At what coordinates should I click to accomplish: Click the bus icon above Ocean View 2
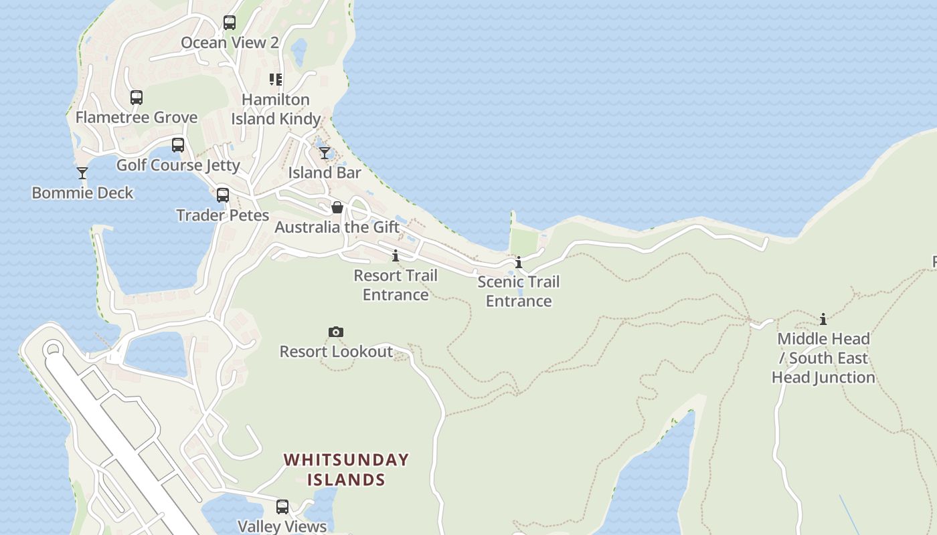coord(230,23)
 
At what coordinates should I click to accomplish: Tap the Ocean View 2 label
coord(230,43)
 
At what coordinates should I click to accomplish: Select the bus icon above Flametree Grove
coord(137,98)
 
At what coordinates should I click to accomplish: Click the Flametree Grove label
coord(137,118)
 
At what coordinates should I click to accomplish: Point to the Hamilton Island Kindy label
coord(276,109)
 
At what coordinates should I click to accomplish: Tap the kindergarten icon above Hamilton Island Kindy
coord(276,80)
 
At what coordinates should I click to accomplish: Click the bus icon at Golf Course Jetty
coord(178,145)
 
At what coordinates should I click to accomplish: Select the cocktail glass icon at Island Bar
coord(325,153)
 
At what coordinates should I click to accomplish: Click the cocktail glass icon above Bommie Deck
coord(82,173)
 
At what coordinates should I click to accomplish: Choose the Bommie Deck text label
coord(82,193)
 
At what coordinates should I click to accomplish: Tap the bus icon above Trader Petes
coord(223,195)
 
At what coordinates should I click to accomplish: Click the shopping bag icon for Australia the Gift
coord(337,207)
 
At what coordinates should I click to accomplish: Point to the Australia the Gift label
coord(337,227)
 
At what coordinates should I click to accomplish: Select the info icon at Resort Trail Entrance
coord(396,255)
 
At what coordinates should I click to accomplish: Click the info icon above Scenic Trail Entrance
coord(519,262)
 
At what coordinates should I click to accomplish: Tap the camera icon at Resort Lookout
coord(336,332)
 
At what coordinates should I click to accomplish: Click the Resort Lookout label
coord(336,352)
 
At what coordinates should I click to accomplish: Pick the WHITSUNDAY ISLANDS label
coord(346,469)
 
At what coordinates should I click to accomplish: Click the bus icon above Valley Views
coord(282,507)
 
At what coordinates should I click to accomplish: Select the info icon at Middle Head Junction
coord(823,319)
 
